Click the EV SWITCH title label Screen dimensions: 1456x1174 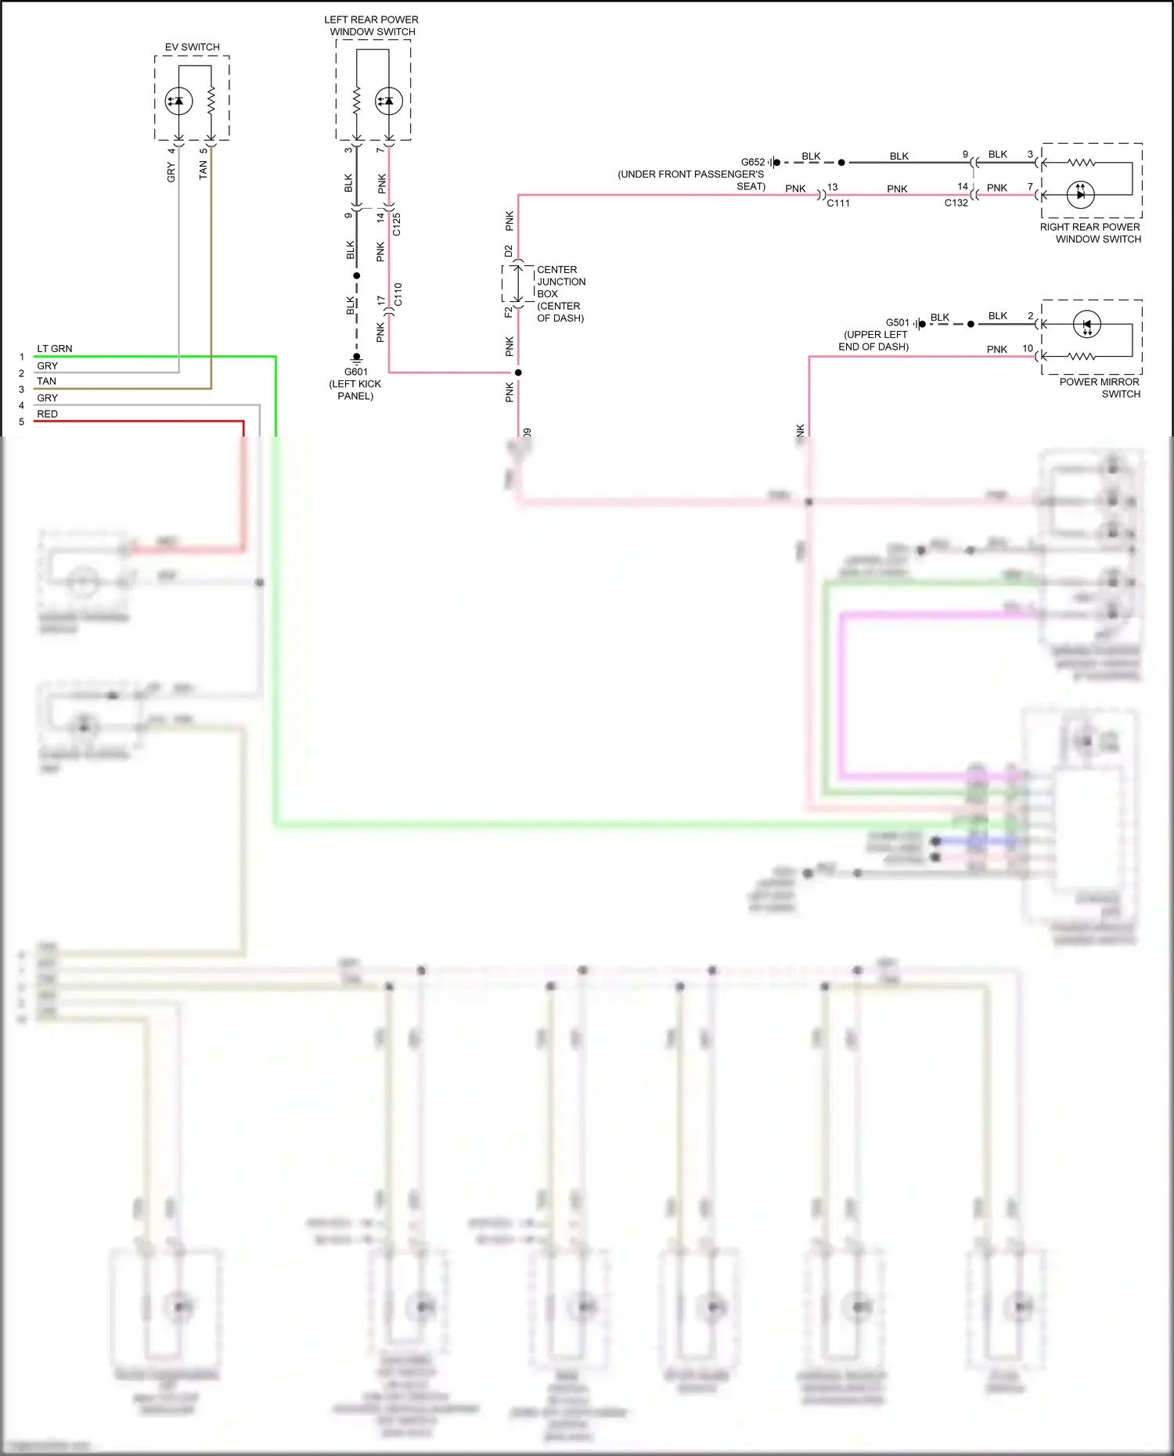[192, 47]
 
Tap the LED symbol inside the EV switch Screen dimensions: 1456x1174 [178, 101]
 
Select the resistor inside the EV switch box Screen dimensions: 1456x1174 [211, 101]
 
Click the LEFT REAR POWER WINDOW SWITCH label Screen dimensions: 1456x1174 [372, 26]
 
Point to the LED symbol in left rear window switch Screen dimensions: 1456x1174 [389, 101]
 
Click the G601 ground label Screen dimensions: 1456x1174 [355, 372]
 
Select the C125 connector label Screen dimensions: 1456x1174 [397, 224]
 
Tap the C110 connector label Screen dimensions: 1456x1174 [398, 295]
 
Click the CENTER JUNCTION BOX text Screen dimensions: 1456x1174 [560, 293]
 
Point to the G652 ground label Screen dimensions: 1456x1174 [752, 163]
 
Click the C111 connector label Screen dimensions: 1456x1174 [838, 203]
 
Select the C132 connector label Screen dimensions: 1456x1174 [956, 203]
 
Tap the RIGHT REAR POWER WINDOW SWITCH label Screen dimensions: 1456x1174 [1090, 232]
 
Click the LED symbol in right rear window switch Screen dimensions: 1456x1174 [1081, 194]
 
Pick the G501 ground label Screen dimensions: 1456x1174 [897, 322]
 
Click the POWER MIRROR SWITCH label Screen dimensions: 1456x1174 [1100, 387]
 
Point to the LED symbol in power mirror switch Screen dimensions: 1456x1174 [1087, 324]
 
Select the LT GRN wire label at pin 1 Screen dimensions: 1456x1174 [54, 349]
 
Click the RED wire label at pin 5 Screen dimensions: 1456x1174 [47, 414]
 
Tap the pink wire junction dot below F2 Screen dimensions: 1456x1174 [518, 372]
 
